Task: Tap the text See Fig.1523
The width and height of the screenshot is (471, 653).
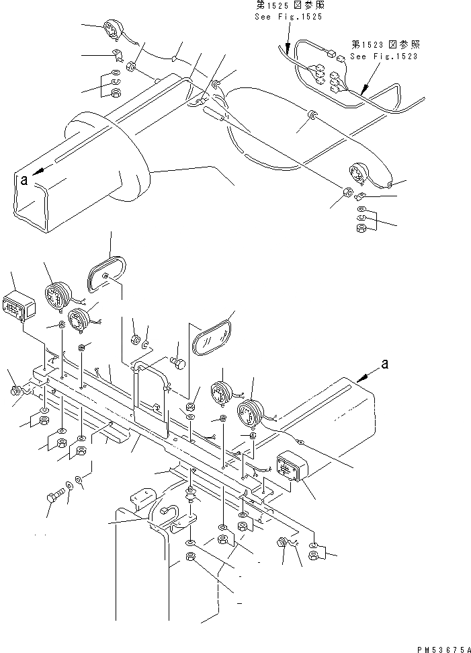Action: pyautogui.click(x=384, y=56)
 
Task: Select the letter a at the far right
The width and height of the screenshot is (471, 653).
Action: pyautogui.click(x=384, y=364)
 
